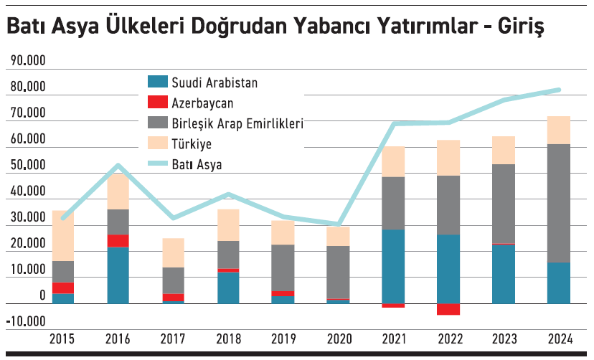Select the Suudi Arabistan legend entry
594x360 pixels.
(x=214, y=82)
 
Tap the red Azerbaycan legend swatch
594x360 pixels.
(x=158, y=103)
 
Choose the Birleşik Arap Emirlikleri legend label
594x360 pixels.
(x=237, y=123)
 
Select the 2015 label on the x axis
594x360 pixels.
(x=62, y=339)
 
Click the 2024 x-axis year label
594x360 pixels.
(x=560, y=339)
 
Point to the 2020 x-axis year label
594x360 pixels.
(x=339, y=339)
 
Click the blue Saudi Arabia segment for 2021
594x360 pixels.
(x=393, y=265)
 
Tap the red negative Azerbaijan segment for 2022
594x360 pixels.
(x=448, y=309)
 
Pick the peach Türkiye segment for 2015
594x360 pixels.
(x=62, y=235)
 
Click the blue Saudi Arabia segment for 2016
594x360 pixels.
(x=118, y=275)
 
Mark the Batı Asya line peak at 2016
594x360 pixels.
(x=118, y=166)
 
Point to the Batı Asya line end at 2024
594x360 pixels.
(x=559, y=90)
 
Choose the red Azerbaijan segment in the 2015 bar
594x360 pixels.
(x=62, y=288)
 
